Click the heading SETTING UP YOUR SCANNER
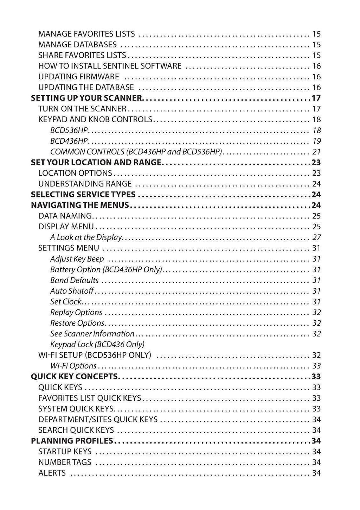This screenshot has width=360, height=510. tap(87, 98)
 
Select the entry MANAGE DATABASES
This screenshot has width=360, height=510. tap(77, 45)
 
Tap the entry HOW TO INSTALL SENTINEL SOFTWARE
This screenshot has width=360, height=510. tap(110, 66)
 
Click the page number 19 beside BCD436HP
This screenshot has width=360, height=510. tap(316, 141)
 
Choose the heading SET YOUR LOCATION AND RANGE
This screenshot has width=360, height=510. tap(96, 163)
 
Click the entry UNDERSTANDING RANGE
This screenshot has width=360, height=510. tap(85, 184)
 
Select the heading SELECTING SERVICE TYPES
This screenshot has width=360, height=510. tap(83, 195)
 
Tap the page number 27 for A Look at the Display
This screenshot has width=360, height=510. tap(316, 237)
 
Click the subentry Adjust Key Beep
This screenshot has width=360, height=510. tap(77, 259)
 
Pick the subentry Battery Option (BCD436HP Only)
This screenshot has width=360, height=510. tap(106, 270)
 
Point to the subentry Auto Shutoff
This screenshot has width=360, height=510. tap(72, 291)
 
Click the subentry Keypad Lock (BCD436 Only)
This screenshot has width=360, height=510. tap(97, 345)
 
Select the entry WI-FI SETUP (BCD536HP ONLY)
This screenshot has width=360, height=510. tap(95, 355)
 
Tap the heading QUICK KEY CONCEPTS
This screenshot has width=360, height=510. tap(75, 377)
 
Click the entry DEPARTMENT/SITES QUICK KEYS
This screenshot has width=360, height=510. tap(98, 419)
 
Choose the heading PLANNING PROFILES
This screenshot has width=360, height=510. tap(72, 441)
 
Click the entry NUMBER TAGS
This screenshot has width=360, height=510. tap(64, 462)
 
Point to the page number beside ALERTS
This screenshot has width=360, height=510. tap(316, 473)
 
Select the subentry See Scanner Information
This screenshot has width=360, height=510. tap(92, 334)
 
